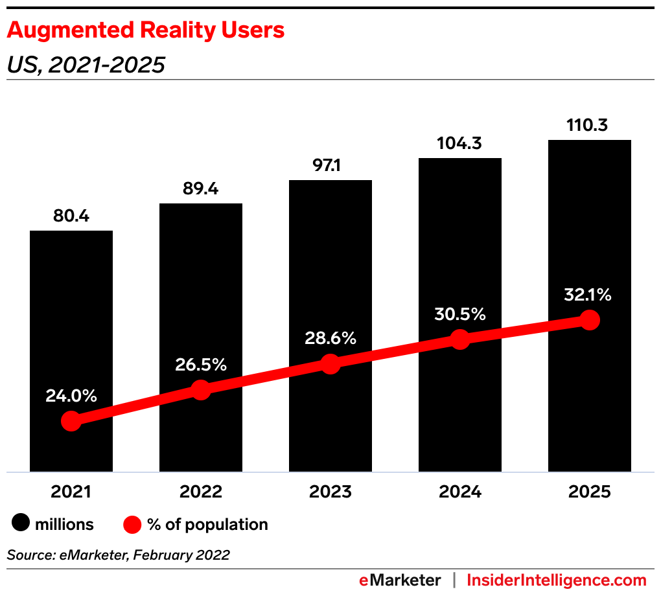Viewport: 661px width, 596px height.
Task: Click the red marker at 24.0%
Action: click(x=71, y=421)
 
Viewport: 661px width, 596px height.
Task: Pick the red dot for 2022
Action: click(x=201, y=390)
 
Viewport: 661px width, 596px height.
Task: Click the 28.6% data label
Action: click(x=330, y=338)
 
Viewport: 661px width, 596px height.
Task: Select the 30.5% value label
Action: click(x=460, y=314)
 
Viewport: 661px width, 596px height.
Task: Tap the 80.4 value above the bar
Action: click(x=71, y=216)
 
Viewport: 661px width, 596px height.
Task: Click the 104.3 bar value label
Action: click(x=460, y=144)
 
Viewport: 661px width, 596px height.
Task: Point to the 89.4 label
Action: click(x=201, y=189)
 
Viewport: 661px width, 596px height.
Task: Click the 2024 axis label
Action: click(x=460, y=492)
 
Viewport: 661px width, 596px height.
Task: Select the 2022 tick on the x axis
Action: click(x=201, y=492)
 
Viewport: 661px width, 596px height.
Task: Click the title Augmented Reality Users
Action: click(x=146, y=30)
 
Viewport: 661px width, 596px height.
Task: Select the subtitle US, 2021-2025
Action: click(x=86, y=65)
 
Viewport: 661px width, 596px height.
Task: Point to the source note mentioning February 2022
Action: click(x=119, y=555)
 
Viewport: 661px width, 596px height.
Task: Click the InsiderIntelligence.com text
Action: click(x=557, y=580)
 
